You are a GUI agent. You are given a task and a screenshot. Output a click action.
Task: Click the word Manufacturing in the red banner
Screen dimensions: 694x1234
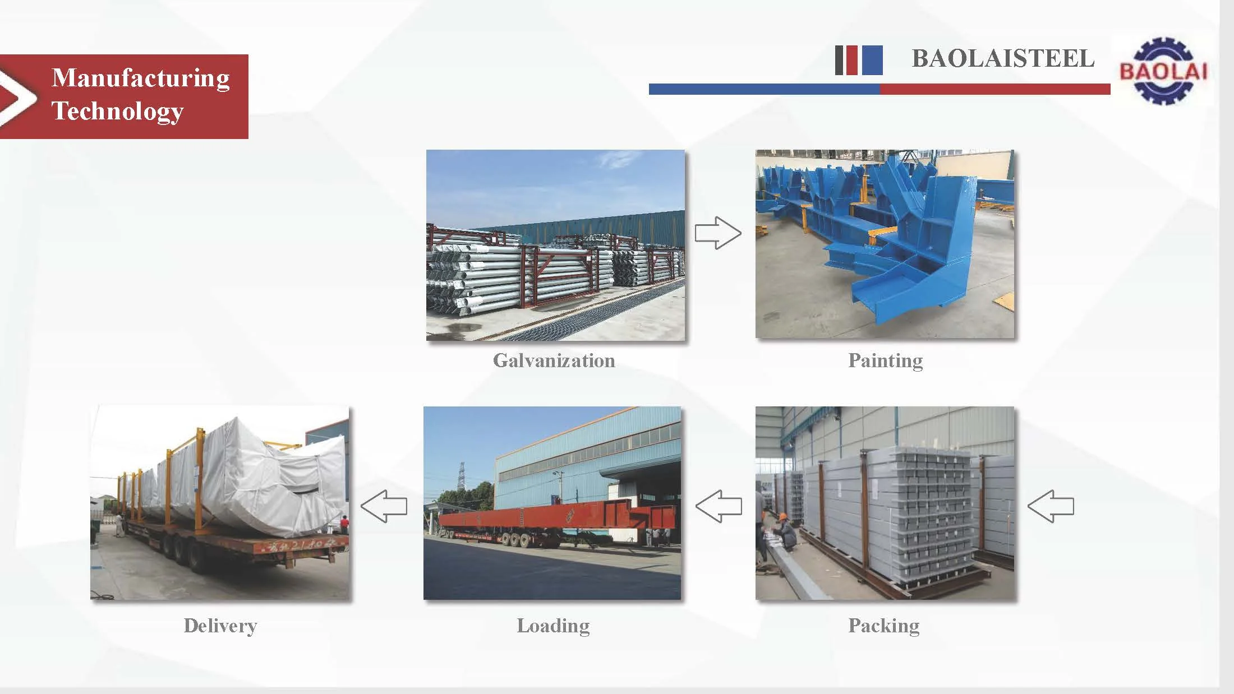(x=141, y=78)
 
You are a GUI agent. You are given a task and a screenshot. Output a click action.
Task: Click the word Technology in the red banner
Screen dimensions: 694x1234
(x=118, y=110)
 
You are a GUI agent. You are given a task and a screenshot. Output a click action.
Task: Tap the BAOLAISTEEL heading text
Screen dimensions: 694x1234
(x=1003, y=59)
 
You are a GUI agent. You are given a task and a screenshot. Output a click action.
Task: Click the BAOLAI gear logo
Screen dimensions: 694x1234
(x=1162, y=71)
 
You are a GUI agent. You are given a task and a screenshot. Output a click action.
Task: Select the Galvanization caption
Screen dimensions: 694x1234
(x=554, y=360)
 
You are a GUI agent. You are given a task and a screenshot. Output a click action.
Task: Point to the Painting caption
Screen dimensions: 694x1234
(x=885, y=360)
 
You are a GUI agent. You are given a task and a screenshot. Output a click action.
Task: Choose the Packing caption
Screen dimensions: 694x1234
(x=883, y=625)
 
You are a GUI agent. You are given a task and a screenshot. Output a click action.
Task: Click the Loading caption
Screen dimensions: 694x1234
(x=553, y=625)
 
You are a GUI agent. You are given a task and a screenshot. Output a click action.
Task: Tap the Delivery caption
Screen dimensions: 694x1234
(x=220, y=625)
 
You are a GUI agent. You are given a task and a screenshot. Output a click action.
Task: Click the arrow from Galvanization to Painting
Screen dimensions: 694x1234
(x=718, y=233)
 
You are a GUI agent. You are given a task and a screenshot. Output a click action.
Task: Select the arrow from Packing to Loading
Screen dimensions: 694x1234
(x=719, y=506)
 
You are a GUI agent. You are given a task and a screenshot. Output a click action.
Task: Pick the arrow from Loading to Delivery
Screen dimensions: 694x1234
(x=384, y=506)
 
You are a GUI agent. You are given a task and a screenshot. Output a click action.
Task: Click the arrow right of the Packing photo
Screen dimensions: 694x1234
(x=1051, y=506)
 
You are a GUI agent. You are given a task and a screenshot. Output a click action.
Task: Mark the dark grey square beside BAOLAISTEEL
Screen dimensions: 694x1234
(x=839, y=60)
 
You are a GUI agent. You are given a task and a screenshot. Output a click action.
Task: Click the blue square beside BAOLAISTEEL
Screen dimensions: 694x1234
(x=872, y=60)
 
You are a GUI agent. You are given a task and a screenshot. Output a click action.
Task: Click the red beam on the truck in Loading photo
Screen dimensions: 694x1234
(x=561, y=518)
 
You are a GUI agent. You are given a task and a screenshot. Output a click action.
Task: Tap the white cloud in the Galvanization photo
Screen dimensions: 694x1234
(x=617, y=160)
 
